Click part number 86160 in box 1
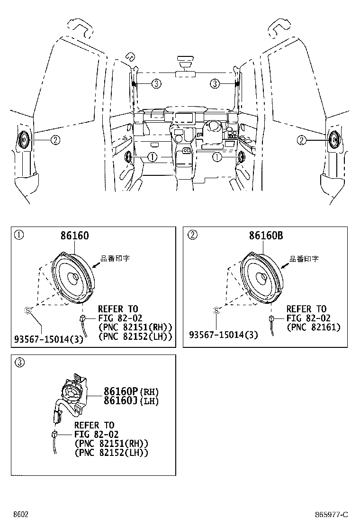point(74,235)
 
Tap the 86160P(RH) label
point(131,391)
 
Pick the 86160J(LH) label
point(131,401)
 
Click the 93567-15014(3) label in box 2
point(224,335)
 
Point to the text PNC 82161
point(314,327)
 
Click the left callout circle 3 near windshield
point(156,84)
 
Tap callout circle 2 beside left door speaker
point(55,140)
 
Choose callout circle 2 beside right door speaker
point(302,140)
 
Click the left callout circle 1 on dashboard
point(152,157)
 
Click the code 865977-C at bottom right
point(331,515)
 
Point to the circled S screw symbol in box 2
point(216,310)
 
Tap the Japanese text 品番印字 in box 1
point(115,259)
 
